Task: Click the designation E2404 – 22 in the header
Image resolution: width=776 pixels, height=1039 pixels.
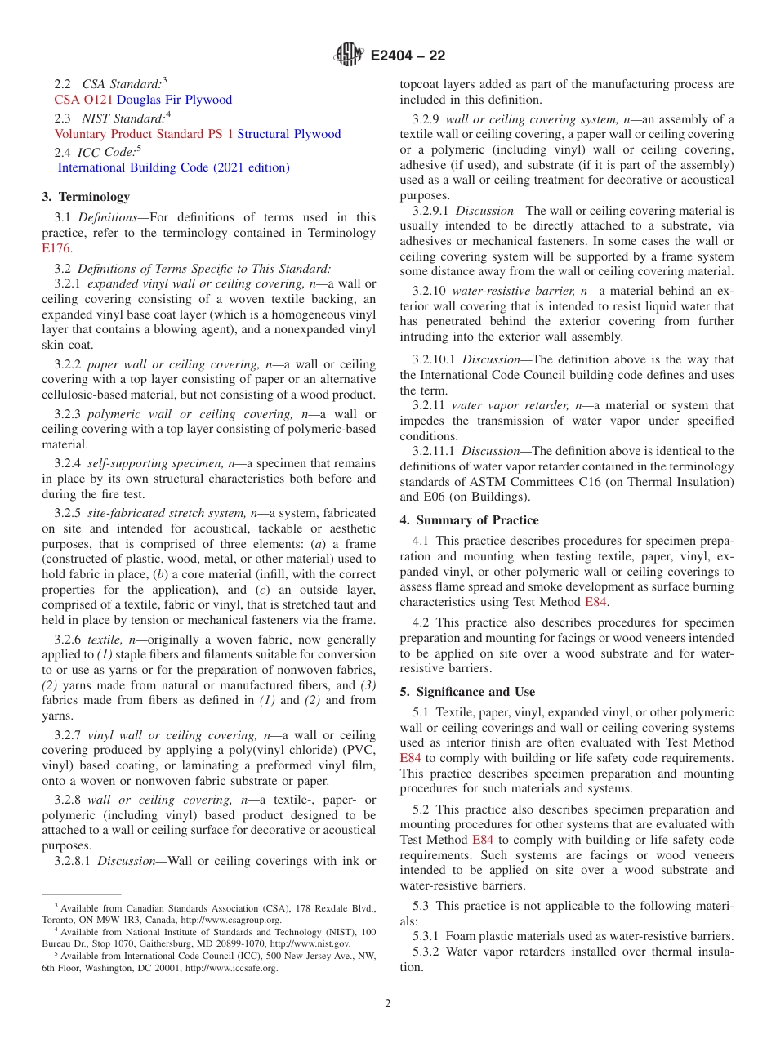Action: point(408,56)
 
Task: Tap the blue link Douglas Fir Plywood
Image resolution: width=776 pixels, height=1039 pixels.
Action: point(174,100)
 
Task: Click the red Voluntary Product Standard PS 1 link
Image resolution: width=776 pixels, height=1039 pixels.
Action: point(144,134)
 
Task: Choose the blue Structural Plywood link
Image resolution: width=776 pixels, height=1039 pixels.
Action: point(289,134)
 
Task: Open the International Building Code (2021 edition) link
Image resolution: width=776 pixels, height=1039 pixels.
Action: point(173,167)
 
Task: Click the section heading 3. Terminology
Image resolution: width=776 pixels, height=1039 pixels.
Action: point(86,197)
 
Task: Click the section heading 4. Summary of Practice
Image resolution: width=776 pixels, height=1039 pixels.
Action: point(469,520)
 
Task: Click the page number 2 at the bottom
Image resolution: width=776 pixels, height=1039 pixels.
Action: point(388,1004)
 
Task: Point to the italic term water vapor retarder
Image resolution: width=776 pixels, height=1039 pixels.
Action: point(510,405)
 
